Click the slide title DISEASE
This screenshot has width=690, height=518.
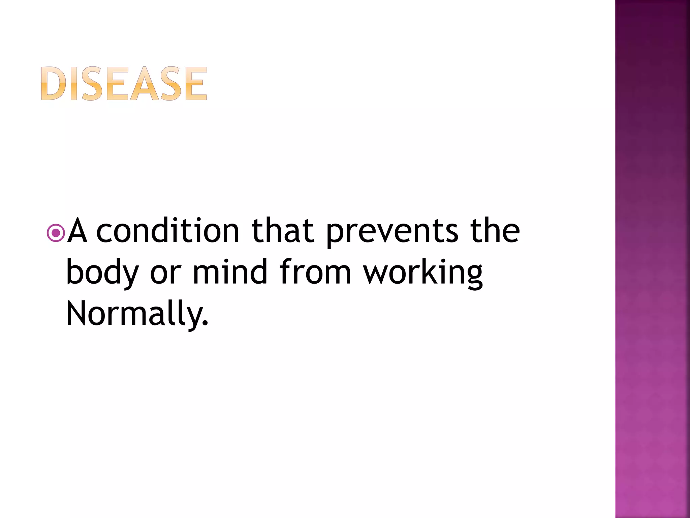[x=124, y=84]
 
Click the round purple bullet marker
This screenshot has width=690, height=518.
[x=56, y=233]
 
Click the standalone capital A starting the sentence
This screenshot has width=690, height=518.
[x=77, y=230]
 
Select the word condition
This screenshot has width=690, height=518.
[x=168, y=230]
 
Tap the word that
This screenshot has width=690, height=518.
[x=283, y=230]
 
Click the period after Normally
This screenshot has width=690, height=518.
[x=205, y=324]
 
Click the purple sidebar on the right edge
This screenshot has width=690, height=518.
[x=652, y=259]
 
